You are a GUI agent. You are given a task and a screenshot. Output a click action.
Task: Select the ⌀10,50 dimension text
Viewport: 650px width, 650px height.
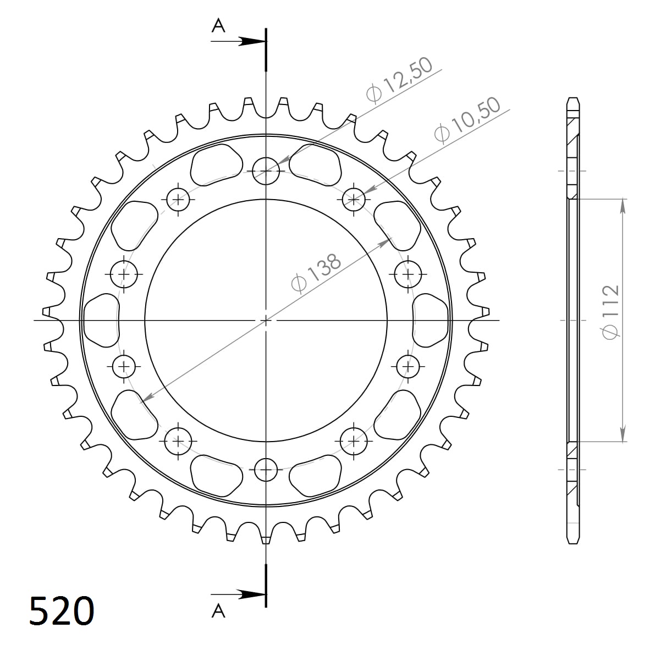(x=467, y=120)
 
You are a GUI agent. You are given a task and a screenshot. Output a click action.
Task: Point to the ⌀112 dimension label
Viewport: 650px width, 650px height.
(x=610, y=312)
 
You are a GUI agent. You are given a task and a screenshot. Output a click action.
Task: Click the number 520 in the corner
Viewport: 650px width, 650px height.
(x=62, y=610)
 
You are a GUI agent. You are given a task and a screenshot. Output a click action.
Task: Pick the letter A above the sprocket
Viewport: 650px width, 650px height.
(x=218, y=26)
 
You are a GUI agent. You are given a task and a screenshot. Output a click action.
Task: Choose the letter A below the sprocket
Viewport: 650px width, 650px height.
(x=218, y=610)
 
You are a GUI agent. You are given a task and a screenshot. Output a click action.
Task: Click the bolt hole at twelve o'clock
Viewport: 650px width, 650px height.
(x=266, y=171)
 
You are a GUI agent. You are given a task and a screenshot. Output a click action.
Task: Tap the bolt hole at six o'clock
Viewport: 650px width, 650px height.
(x=266, y=470)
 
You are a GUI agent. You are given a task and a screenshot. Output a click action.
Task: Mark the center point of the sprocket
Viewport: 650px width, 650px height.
(x=266, y=320)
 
